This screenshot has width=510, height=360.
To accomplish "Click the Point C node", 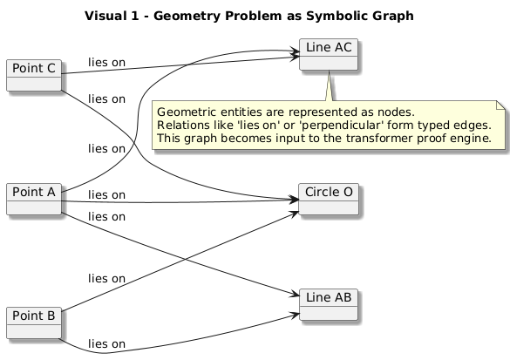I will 32,75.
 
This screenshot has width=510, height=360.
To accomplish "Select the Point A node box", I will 32,173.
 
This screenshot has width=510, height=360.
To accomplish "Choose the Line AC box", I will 330,54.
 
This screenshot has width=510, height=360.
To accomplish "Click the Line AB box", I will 329,302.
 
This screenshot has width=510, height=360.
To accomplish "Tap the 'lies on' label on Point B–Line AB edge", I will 106,343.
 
